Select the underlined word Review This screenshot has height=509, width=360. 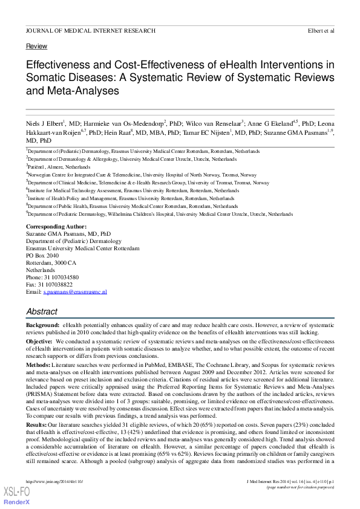tap(36, 47)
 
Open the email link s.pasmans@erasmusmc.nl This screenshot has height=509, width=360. tap(75, 292)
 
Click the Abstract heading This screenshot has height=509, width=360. tap(42, 312)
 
